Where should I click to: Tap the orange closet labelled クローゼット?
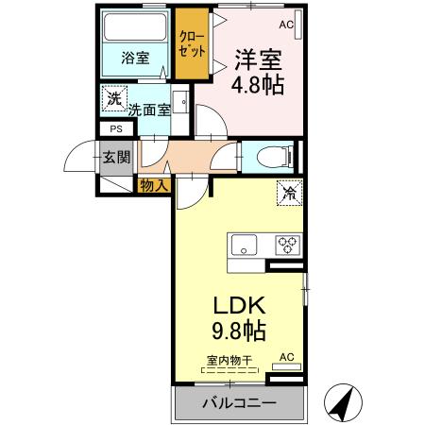[194, 44]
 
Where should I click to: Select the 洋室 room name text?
[258, 59]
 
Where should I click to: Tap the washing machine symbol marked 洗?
[114, 97]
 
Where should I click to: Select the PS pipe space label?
[116, 129]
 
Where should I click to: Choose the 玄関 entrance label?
[117, 158]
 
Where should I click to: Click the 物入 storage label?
[153, 185]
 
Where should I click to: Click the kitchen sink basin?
[245, 246]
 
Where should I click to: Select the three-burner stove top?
[288, 246]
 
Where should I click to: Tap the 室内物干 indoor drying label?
[233, 360]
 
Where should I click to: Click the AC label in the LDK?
[286, 358]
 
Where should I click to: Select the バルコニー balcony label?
[240, 403]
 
